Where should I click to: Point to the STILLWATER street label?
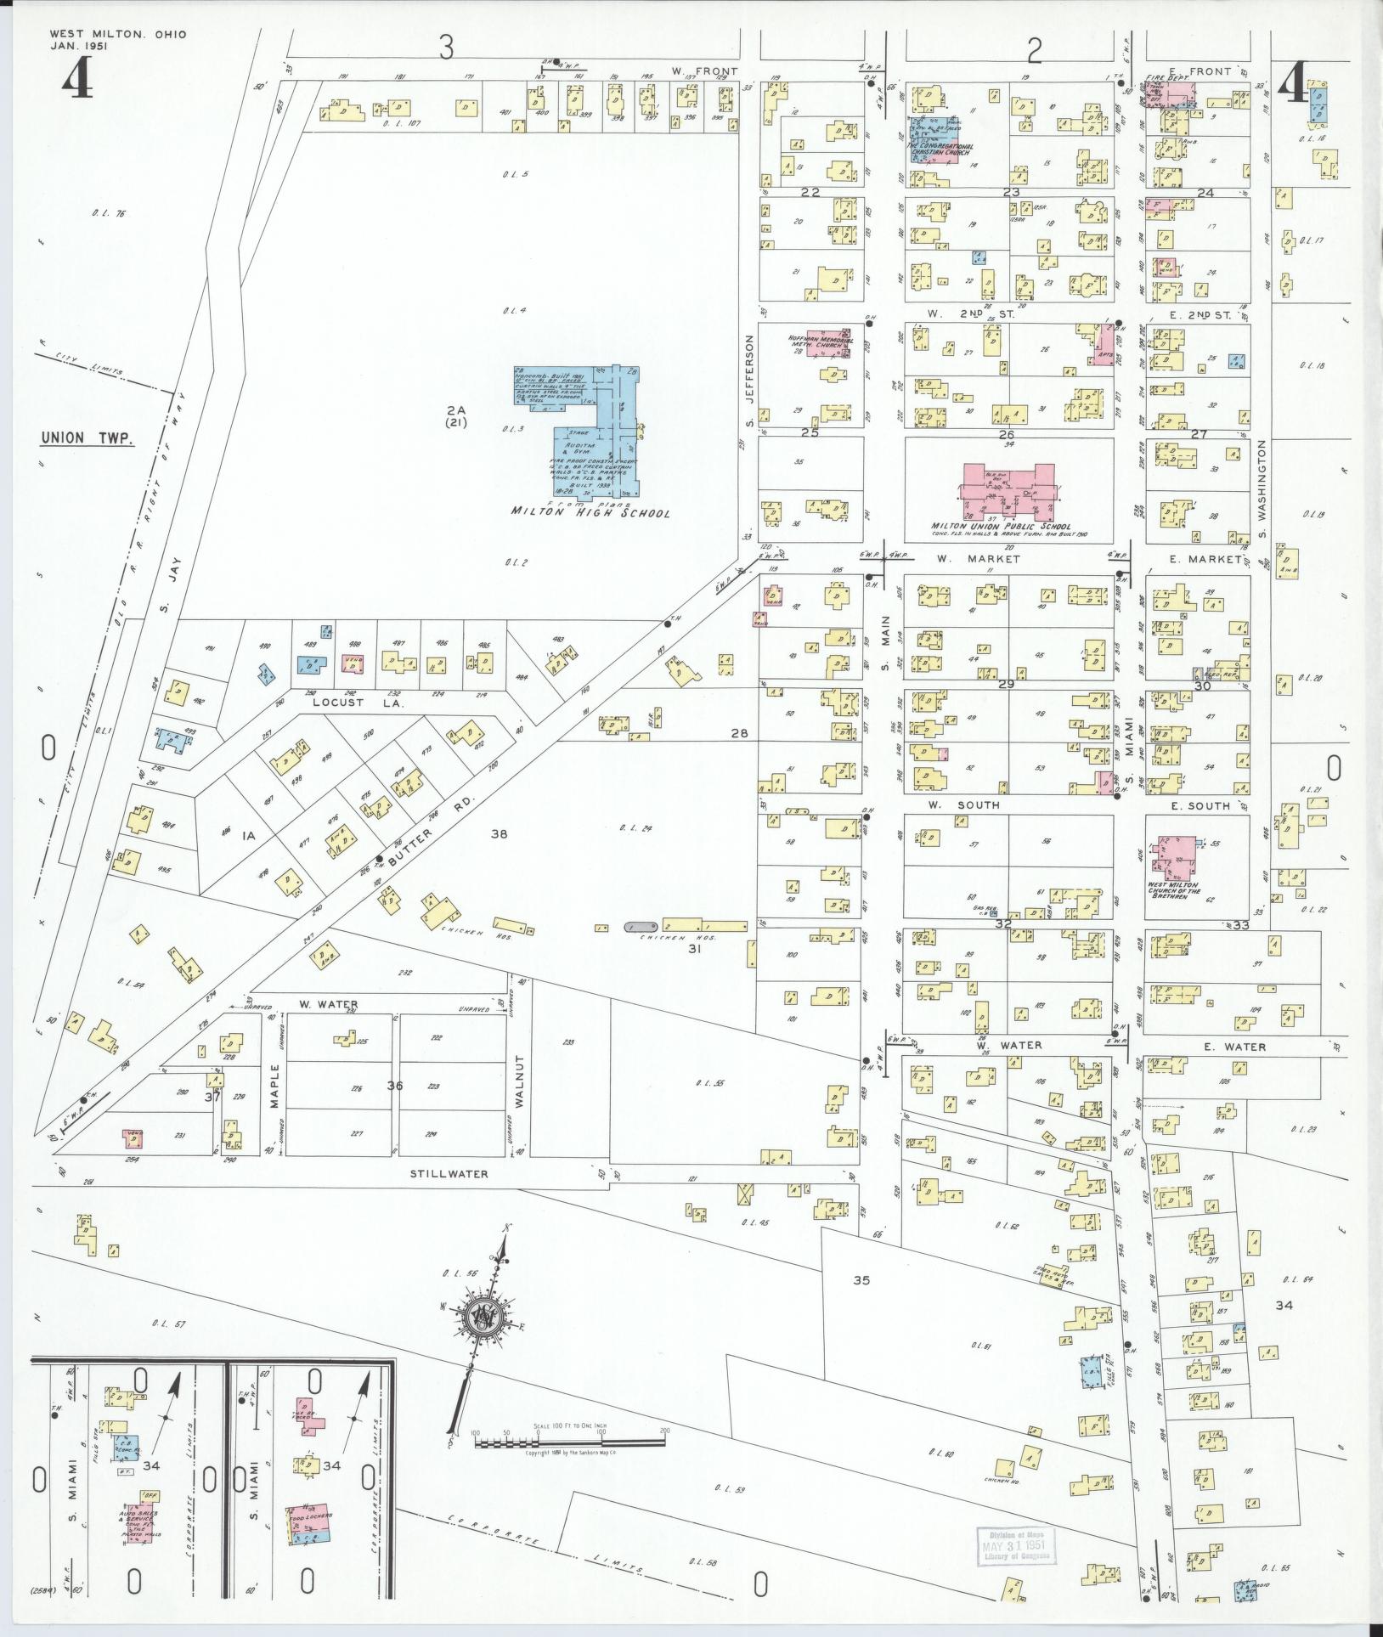(449, 1175)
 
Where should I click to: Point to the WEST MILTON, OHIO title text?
(117, 34)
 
